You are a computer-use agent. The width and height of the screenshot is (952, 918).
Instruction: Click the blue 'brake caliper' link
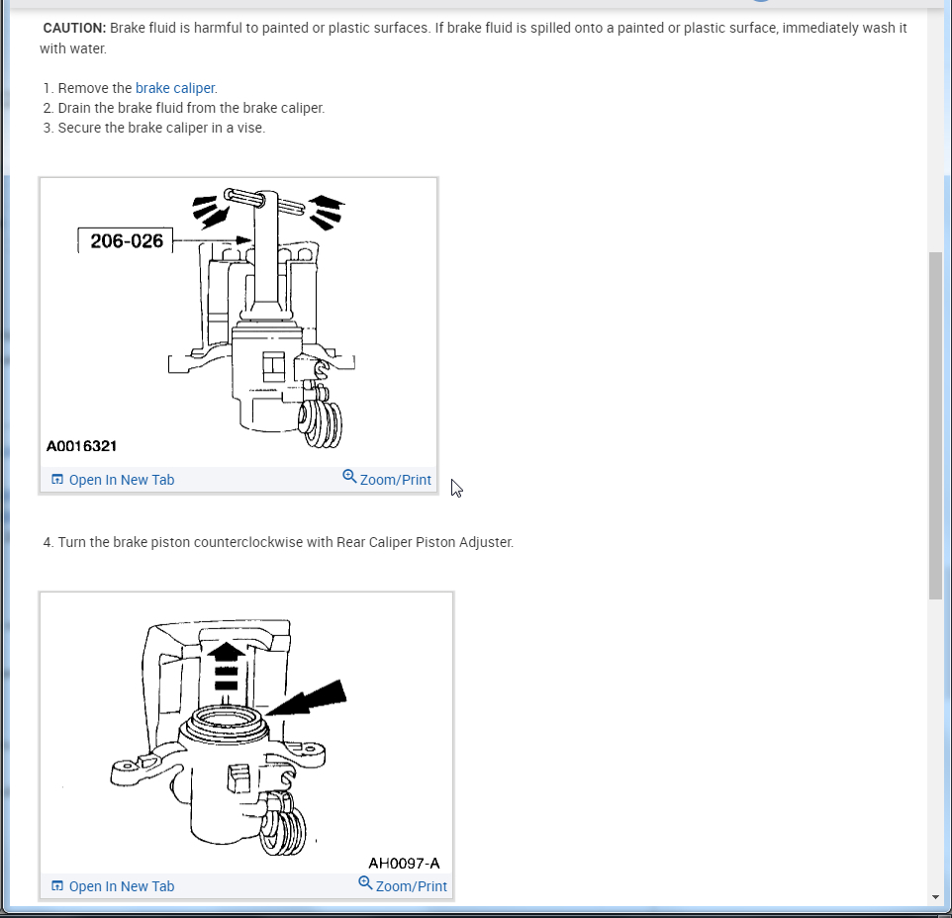click(x=175, y=88)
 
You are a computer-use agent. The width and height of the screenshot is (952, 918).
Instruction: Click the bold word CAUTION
click(x=74, y=28)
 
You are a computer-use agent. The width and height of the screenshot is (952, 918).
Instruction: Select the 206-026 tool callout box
click(x=126, y=241)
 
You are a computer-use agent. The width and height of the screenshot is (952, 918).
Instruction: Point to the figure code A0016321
click(x=81, y=446)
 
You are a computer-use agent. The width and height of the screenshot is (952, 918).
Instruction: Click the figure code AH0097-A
click(x=404, y=863)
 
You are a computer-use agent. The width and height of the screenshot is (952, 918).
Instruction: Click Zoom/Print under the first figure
click(x=395, y=480)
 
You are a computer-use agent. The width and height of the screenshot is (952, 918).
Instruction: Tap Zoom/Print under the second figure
click(x=411, y=886)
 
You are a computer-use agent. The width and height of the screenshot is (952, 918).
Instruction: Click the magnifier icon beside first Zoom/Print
click(x=349, y=476)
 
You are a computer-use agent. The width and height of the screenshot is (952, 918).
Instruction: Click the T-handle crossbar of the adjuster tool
click(x=264, y=202)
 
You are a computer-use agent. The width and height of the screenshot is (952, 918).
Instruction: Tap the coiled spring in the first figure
click(x=320, y=423)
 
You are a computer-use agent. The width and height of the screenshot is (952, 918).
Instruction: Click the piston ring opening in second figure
click(x=226, y=721)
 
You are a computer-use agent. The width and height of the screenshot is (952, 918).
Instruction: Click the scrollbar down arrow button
click(x=935, y=897)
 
